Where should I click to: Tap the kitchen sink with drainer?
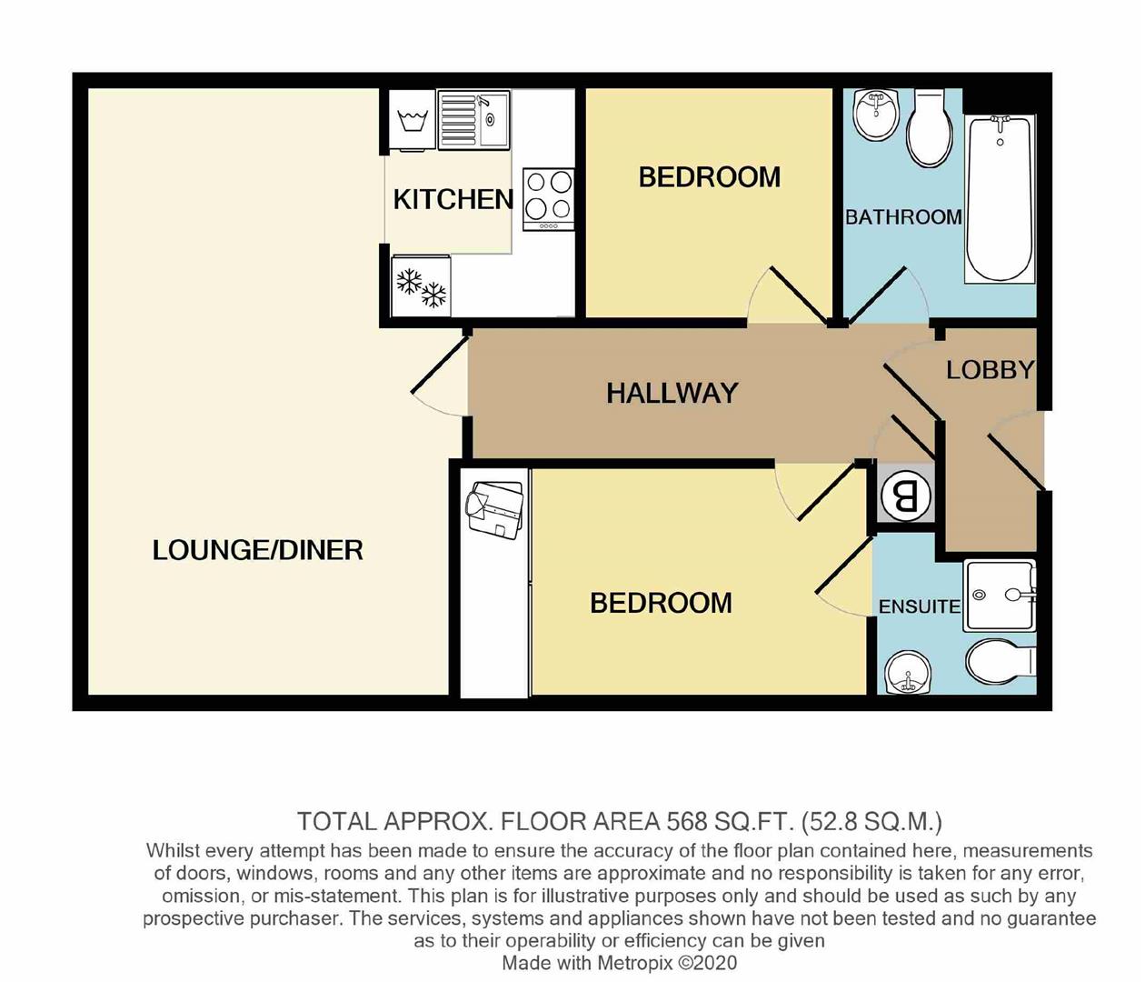[x=473, y=119]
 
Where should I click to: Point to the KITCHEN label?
[x=453, y=199]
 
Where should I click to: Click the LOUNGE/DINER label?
[x=257, y=550]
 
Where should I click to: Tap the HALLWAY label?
[x=672, y=393]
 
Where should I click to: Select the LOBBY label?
[x=990, y=370]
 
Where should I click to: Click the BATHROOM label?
[x=902, y=217]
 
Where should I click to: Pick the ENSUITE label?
[x=919, y=606]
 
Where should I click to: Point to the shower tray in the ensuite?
[x=999, y=596]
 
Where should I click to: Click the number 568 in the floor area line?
[x=687, y=822]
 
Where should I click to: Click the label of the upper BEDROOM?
[x=709, y=177]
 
